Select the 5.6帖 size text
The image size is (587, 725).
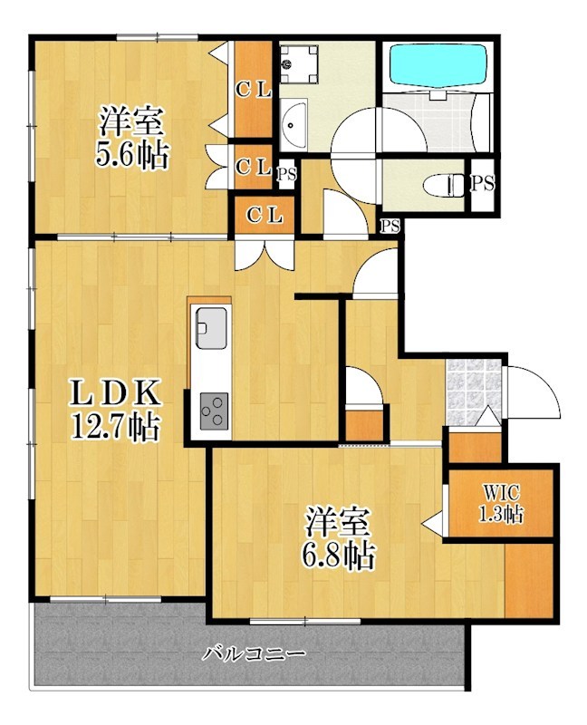[132, 155]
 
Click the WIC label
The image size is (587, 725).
[500, 494]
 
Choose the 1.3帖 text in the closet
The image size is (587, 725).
[500, 515]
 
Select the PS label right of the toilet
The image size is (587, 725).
[483, 184]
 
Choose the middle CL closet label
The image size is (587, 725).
[253, 167]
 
